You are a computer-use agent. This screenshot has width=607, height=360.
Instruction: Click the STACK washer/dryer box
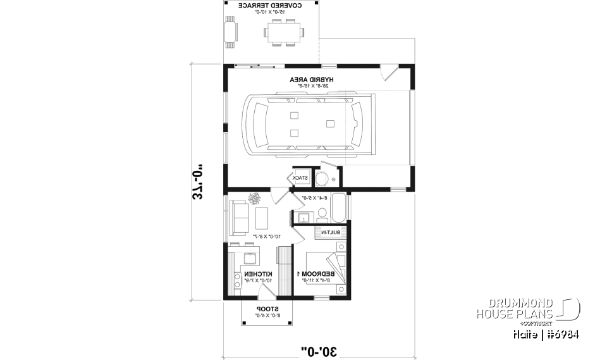click(301, 178)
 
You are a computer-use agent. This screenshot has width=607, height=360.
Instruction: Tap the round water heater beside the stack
click(322, 179)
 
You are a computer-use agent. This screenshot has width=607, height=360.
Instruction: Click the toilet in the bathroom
click(322, 217)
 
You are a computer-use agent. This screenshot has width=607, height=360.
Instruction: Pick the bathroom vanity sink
click(302, 218)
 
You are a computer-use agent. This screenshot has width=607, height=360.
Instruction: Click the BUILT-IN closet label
click(333, 233)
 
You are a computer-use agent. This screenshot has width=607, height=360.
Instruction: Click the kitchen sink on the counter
click(248, 258)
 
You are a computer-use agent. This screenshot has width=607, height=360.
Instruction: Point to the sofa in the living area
click(240, 217)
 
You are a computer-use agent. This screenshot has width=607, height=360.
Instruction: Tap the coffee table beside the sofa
click(261, 218)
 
